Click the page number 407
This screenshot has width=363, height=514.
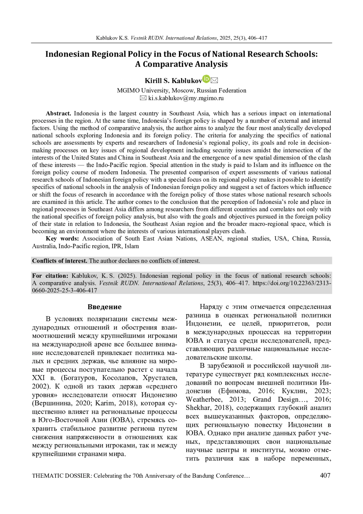[x=325, y=475]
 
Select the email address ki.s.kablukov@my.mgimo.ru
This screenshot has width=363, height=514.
[x=186, y=98]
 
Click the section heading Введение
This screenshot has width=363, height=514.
[x=104, y=307]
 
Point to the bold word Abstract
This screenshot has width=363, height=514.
[x=58, y=114]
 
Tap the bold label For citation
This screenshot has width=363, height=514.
[x=50, y=276]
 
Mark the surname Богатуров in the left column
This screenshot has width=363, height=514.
[x=80, y=378]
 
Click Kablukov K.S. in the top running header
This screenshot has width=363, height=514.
[x=112, y=38]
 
